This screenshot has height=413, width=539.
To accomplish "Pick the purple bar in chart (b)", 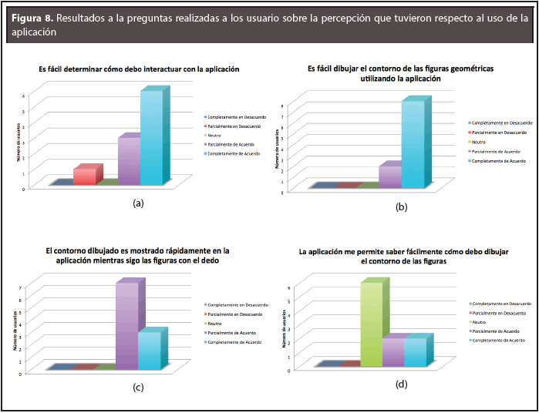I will tap(389, 176).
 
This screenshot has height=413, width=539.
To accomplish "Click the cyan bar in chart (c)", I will tap(149, 350).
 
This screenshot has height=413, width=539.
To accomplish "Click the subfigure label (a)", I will tap(139, 203).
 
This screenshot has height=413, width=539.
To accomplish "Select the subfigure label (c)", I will tap(139, 387).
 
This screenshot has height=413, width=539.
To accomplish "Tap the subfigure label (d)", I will tap(402, 383).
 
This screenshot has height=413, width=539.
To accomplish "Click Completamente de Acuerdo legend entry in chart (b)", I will tap(497, 161).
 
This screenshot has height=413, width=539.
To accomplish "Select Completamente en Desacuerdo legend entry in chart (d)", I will tap(500, 304).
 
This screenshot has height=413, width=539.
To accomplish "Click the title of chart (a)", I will tap(139, 69).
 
